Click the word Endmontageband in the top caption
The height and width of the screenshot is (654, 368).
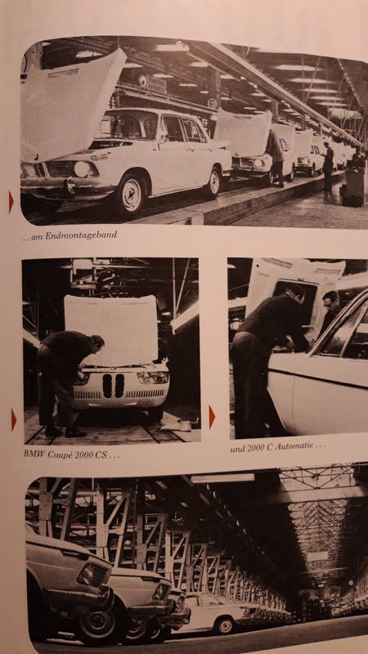(81, 235)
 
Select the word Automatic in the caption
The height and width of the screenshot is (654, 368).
(292, 446)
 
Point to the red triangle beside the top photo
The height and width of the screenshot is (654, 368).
(11, 202)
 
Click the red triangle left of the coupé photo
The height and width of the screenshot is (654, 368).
(14, 419)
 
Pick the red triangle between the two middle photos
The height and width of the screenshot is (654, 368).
(212, 417)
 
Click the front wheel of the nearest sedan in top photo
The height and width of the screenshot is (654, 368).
(131, 195)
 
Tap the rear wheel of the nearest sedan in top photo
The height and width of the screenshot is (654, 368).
(214, 181)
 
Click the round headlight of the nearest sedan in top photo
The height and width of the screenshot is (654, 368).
(82, 169)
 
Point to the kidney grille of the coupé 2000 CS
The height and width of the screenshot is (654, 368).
(114, 385)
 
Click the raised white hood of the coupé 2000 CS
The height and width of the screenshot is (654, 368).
(111, 329)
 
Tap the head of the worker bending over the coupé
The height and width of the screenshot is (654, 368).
(97, 344)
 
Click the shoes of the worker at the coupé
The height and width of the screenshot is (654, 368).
(65, 432)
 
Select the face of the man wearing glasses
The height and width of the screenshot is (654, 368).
(331, 303)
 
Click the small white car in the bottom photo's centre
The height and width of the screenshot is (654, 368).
(217, 611)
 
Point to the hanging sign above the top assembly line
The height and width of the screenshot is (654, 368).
(152, 83)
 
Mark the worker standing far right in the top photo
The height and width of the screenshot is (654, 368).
(328, 166)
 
